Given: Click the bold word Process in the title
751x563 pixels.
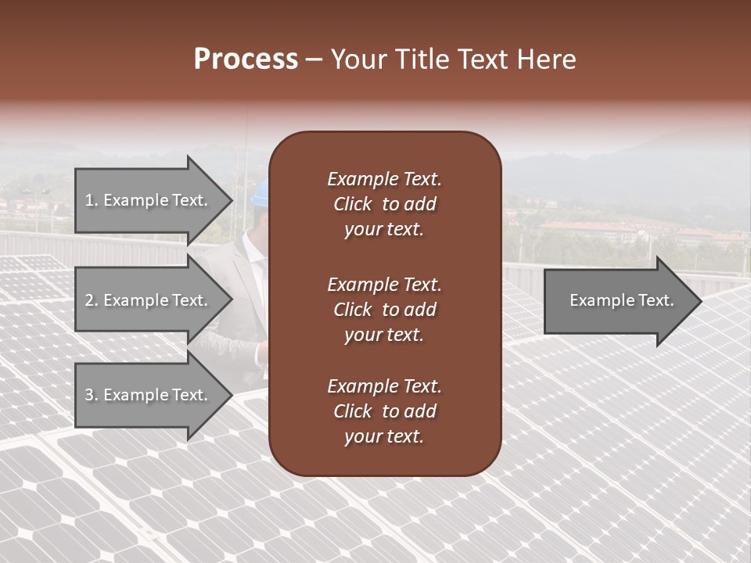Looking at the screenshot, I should tap(246, 59).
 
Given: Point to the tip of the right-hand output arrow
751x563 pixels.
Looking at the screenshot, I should tap(699, 301).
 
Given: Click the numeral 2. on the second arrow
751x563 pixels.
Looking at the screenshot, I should tap(92, 300).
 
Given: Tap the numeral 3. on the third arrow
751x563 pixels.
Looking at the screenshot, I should tap(92, 395).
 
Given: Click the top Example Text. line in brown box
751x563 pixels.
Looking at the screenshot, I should tap(384, 179).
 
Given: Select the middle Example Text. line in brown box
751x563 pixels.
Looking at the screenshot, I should tap(384, 284).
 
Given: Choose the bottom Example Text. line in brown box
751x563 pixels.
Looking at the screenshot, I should tap(384, 386).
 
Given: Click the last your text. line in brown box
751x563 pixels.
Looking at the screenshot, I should tap(384, 437).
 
